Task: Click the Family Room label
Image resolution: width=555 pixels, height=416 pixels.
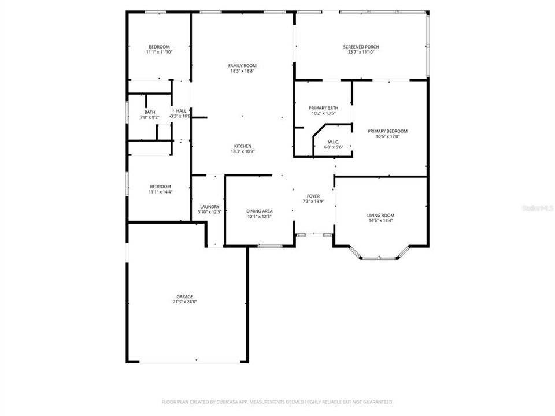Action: click(242, 65)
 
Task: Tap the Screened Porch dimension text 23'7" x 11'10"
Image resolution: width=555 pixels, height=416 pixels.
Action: click(361, 53)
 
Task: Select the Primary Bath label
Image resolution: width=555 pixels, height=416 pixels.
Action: click(323, 108)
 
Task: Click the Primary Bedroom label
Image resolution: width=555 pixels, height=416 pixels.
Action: click(387, 131)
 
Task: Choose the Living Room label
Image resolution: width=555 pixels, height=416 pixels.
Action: click(380, 216)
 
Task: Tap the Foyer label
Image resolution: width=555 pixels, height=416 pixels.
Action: click(313, 196)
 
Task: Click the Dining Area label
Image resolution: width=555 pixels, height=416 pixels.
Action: click(260, 211)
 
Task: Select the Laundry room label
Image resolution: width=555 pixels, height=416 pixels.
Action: click(209, 206)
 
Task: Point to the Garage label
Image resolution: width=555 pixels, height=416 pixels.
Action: click(185, 296)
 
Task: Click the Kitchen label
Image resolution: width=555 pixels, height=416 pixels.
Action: click(242, 146)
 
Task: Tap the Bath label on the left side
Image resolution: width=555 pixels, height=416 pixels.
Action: click(150, 112)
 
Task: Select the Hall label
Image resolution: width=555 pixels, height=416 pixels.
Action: click(182, 111)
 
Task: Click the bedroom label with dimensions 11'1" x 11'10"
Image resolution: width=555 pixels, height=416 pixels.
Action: click(159, 47)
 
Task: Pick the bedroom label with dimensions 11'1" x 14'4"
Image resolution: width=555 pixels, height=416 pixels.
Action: click(161, 186)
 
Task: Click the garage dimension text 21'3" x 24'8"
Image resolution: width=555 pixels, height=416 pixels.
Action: click(185, 302)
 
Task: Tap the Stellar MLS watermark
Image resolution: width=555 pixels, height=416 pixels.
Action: click(537, 207)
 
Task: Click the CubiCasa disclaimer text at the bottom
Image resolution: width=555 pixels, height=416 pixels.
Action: click(277, 402)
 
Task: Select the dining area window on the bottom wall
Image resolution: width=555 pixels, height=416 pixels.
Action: click(269, 247)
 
